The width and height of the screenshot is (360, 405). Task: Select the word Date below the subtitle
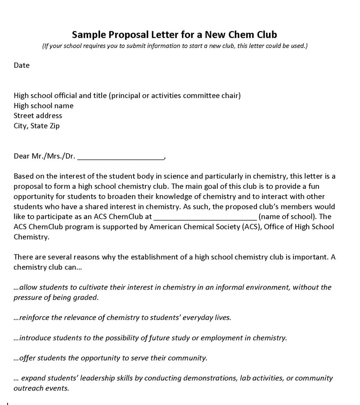tap(22, 65)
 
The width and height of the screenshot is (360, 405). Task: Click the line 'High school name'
tap(44, 106)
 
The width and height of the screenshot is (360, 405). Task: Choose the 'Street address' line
tap(38, 116)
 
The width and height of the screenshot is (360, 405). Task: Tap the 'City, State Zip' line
tap(36, 125)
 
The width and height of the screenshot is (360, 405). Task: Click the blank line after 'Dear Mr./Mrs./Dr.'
tap(121, 157)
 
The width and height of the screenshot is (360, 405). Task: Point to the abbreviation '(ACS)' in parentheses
tap(252, 227)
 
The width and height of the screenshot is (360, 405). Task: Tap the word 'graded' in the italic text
tap(85, 297)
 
